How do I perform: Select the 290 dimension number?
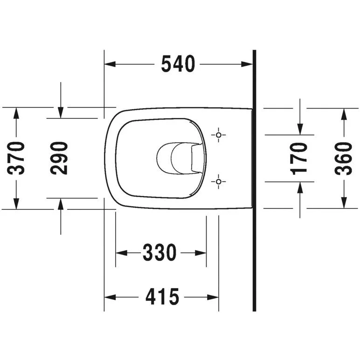[x=60, y=158]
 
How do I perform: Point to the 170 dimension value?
[x=299, y=158]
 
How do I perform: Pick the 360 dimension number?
[x=344, y=158]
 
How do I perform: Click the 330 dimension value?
[x=160, y=253]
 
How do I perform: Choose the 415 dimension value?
[x=162, y=297]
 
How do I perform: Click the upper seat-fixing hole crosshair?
[x=219, y=135]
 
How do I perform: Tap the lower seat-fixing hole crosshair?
[x=219, y=181]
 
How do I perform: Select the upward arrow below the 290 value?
[x=61, y=203]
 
